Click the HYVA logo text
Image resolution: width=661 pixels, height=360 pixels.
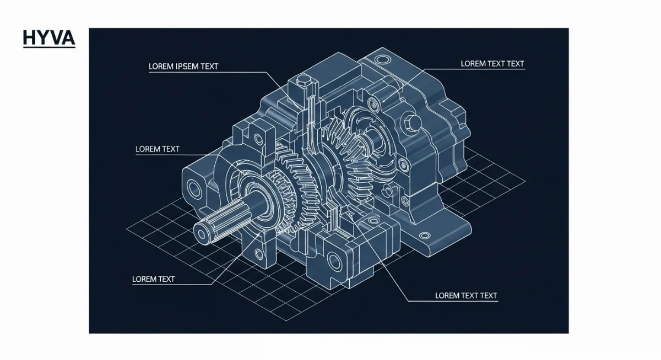pos(48,37)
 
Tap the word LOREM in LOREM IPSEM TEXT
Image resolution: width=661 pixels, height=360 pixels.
pos(161,67)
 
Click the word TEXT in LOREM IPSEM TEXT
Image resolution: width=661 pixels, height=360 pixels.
pos(209,67)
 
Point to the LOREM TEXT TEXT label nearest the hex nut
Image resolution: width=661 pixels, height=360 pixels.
pos(492,64)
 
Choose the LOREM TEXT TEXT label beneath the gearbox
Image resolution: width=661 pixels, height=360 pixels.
pos(466,296)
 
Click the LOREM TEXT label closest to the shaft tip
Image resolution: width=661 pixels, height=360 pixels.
pos(153,279)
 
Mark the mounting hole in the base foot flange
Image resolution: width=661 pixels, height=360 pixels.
pos(424,236)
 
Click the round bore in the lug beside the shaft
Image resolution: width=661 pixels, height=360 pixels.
pos(195,189)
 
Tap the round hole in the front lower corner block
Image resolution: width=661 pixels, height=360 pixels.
pos(334,260)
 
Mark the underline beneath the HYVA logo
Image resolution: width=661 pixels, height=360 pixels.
pos(48,48)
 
